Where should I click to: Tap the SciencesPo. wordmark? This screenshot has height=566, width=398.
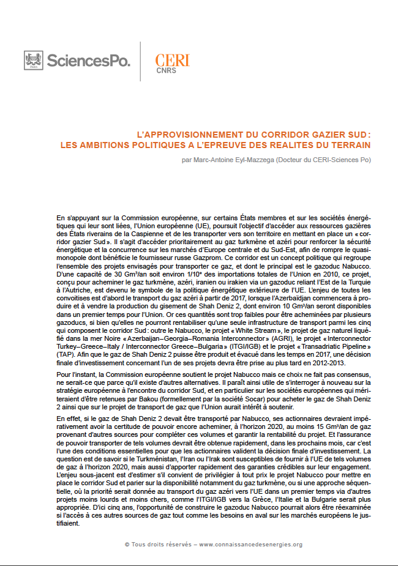coord(88,61)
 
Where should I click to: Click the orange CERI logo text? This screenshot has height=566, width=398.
coord(172,59)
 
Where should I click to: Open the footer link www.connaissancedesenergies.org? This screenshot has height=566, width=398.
coord(250,544)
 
